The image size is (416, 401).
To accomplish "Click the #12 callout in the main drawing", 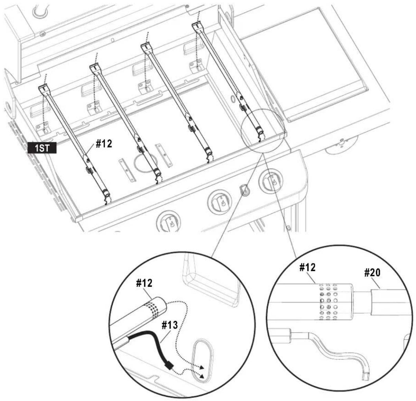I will point(104,144).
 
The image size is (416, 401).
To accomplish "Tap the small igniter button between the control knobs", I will point(244,189).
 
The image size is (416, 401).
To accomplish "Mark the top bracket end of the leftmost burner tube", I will point(45,89).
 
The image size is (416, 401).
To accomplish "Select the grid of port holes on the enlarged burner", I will point(328,301).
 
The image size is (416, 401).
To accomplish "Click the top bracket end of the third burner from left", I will point(146,47).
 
